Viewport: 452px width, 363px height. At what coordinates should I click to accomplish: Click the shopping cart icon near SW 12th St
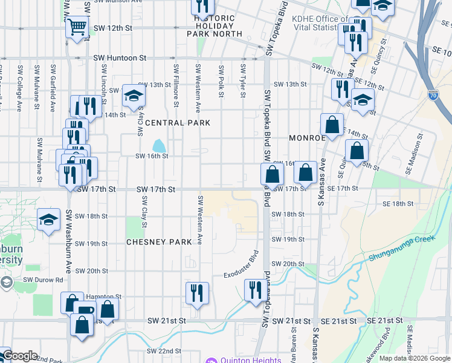click(77, 27)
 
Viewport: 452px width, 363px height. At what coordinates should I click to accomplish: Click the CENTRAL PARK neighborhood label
click(177, 123)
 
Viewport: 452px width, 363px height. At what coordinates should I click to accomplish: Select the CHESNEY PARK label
click(159, 242)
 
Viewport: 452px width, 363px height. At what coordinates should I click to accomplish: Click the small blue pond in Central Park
click(159, 146)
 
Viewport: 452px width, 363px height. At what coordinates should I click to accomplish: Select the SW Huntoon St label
click(120, 58)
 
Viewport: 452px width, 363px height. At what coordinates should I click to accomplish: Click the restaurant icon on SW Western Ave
click(197, 293)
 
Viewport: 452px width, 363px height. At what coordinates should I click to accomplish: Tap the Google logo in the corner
click(19, 356)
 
